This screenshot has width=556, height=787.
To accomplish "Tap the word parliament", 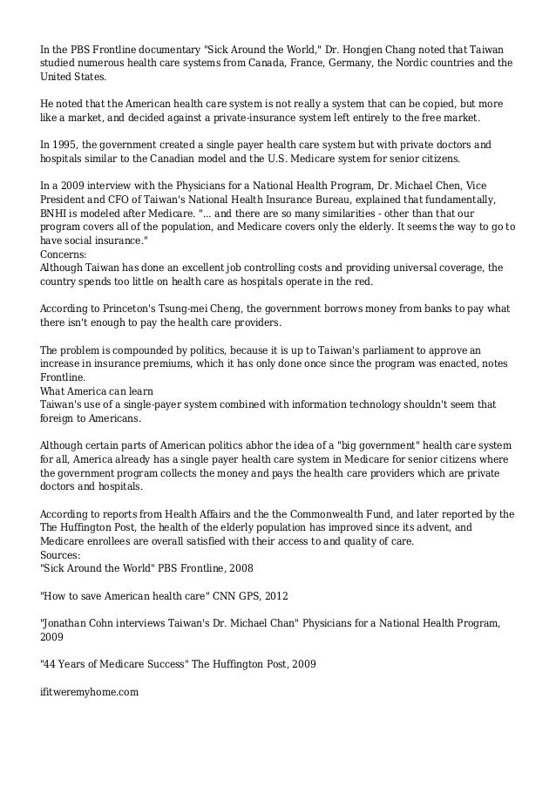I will click(x=342, y=350).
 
